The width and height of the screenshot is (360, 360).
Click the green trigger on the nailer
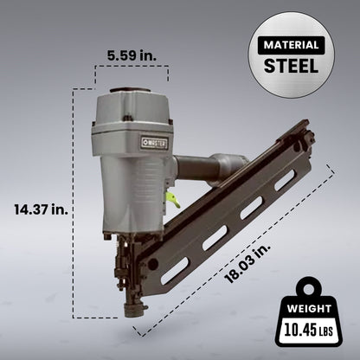tap(173, 200)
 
